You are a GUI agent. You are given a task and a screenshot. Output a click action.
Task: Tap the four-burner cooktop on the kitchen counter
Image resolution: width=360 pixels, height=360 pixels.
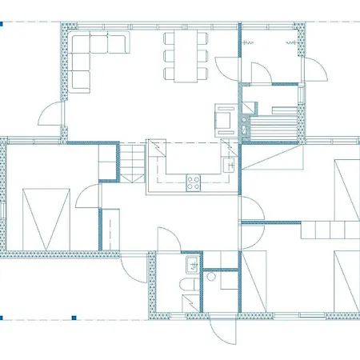194,182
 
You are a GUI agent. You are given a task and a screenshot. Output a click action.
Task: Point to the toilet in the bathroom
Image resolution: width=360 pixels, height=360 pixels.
190,286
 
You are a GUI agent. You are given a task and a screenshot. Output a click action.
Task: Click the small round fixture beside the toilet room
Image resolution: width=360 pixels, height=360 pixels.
210,279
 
